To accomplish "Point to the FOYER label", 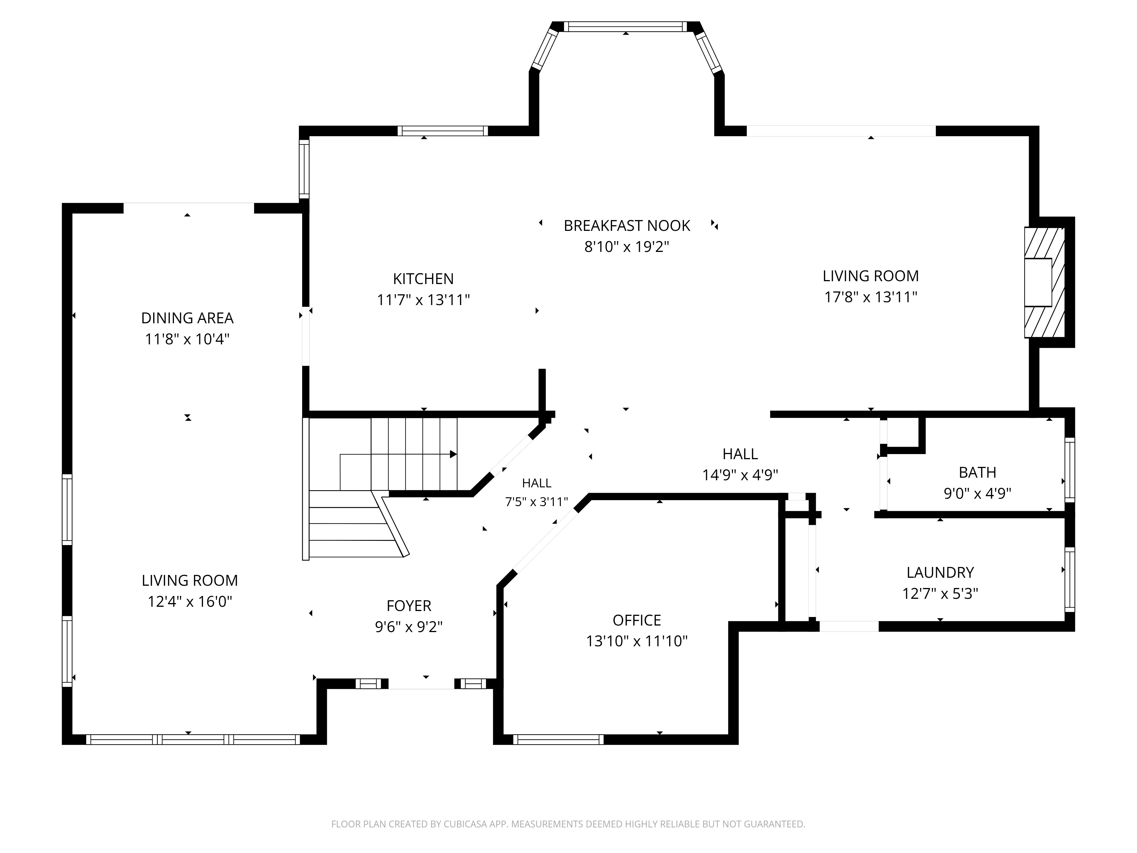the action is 409,606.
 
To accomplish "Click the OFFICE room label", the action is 637,620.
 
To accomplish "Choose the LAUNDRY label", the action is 940,572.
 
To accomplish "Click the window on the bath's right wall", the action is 1070,470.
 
